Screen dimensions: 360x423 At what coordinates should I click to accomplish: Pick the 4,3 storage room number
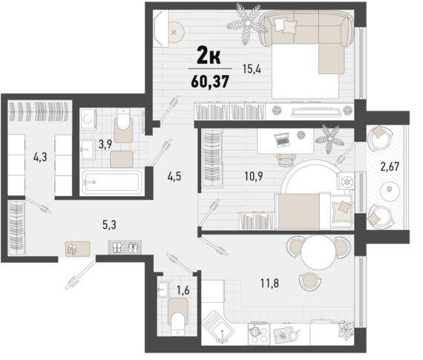click(x=40, y=157)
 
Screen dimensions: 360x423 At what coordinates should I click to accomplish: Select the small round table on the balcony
click(x=390, y=191)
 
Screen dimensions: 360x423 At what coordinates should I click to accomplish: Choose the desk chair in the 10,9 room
click(x=285, y=157)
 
